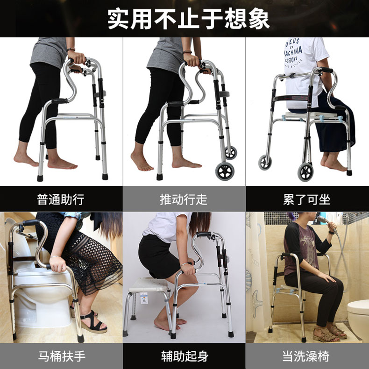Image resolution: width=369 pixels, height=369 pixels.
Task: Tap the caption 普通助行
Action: point(61,199)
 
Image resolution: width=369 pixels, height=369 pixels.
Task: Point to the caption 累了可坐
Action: point(307,199)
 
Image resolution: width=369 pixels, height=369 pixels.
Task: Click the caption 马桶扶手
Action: point(62,356)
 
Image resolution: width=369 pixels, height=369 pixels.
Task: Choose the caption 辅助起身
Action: point(184,356)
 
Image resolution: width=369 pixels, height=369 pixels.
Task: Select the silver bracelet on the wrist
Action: point(56,257)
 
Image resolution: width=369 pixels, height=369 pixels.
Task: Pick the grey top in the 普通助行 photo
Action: point(49,51)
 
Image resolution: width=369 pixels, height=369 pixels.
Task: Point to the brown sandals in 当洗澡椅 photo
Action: point(327,333)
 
